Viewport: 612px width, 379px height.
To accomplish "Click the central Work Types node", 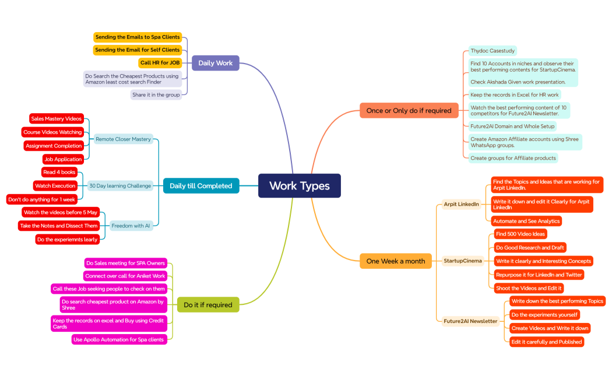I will pyautogui.click(x=299, y=186).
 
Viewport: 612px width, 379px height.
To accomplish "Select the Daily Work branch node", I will pyautogui.click(x=215, y=63).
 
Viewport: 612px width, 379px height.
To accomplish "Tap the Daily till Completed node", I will pyautogui.click(x=201, y=186).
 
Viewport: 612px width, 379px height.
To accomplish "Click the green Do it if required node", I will pyautogui.click(x=207, y=305).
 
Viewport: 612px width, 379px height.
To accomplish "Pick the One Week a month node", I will pyautogui.click(x=396, y=261).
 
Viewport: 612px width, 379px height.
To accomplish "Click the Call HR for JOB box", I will pyautogui.click(x=160, y=63).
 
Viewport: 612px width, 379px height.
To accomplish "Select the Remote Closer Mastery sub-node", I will pyautogui.click(x=123, y=139).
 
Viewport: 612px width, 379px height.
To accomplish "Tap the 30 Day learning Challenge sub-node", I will pyautogui.click(x=120, y=186).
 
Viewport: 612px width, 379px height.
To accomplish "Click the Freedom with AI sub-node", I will pyautogui.click(x=131, y=226).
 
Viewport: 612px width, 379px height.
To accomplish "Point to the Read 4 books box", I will pyautogui.click(x=59, y=173).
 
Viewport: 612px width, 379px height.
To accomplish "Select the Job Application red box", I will pyautogui.click(x=62, y=159).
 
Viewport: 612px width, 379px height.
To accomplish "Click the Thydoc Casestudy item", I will pyautogui.click(x=493, y=51).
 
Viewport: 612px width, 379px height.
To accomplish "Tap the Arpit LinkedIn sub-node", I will pyautogui.click(x=461, y=204).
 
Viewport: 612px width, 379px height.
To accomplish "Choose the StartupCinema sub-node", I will pyautogui.click(x=463, y=261).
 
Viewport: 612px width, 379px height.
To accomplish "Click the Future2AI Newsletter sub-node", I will pyautogui.click(x=470, y=321).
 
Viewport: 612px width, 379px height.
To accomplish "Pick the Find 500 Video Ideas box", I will pyautogui.click(x=520, y=234).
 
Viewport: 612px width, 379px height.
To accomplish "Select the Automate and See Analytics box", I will pyautogui.click(x=526, y=221).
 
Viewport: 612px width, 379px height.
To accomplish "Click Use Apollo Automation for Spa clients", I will pyautogui.click(x=119, y=339).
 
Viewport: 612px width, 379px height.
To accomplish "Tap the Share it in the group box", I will pyautogui.click(x=156, y=95).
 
